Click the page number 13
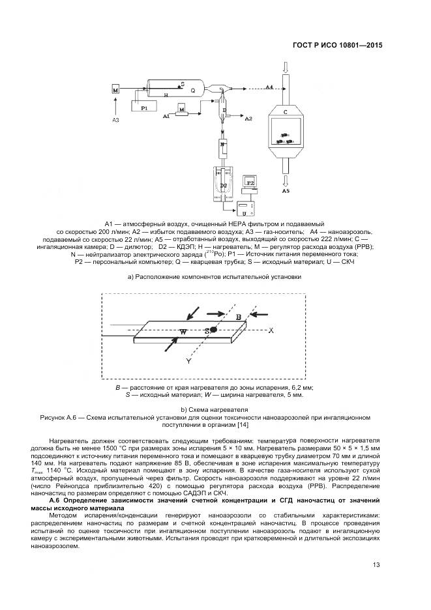(376, 564)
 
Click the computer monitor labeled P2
(250, 182)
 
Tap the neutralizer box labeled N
(223, 145)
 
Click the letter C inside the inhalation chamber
(285, 113)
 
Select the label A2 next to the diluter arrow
(248, 120)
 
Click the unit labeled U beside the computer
(244, 212)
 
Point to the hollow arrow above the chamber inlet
(285, 66)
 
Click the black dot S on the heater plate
(213, 330)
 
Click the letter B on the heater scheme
(239, 317)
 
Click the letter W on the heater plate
(183, 332)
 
